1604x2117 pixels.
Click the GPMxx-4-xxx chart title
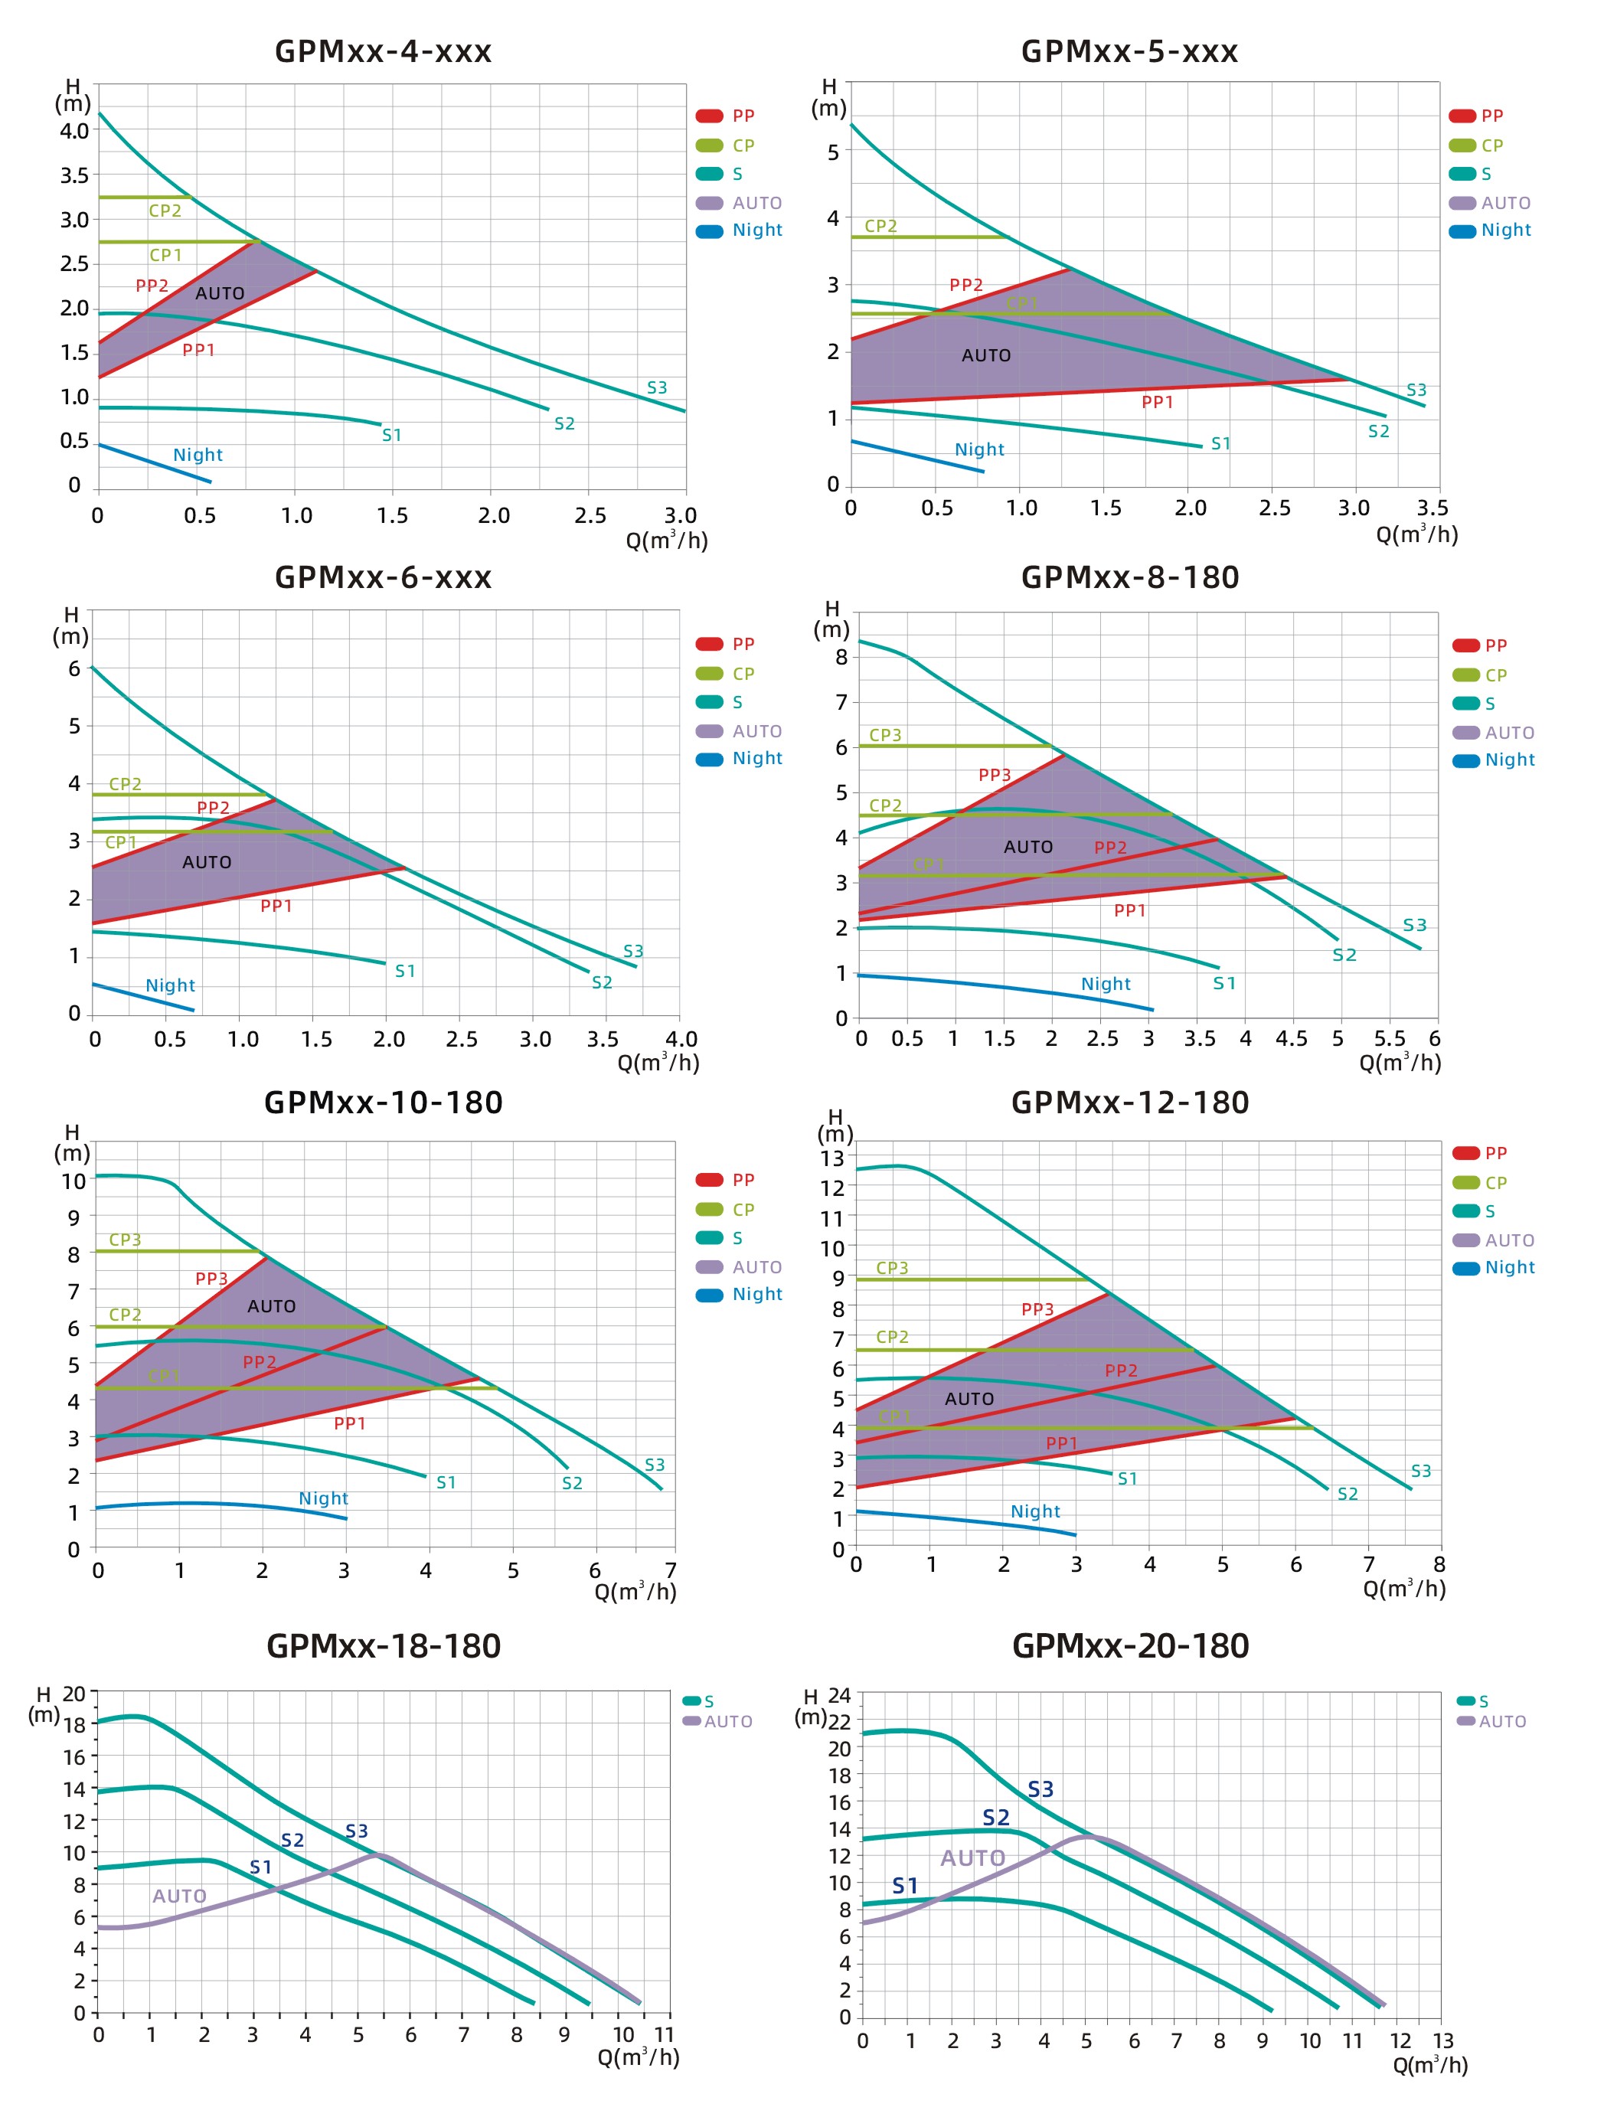coord(383,51)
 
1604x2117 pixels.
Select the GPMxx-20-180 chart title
coord(1130,1646)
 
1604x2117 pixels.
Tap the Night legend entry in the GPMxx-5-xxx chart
coord(1505,230)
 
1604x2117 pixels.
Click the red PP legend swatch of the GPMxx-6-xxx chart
coord(709,644)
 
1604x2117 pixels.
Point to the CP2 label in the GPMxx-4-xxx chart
coord(165,211)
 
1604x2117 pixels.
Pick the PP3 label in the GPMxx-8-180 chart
coord(995,775)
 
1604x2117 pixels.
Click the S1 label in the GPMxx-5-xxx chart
coord(1220,444)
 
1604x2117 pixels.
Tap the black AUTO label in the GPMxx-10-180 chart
coord(272,1306)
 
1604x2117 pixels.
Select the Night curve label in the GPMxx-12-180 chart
coord(1035,1512)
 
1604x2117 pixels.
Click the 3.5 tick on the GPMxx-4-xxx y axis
coord(75,176)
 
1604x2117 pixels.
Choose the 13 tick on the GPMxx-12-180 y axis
coord(833,1158)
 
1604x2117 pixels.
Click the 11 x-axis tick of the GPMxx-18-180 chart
coord(665,2034)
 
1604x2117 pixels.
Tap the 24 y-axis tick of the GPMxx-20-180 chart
coord(839,1696)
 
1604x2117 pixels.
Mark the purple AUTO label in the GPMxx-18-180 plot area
coord(179,1896)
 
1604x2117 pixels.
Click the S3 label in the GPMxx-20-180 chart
coord(1040,1790)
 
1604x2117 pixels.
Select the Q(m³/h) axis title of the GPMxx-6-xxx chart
coord(658,1063)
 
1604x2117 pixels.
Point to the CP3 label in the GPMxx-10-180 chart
coord(126,1240)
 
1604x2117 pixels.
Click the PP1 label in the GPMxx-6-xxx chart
coord(276,907)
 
